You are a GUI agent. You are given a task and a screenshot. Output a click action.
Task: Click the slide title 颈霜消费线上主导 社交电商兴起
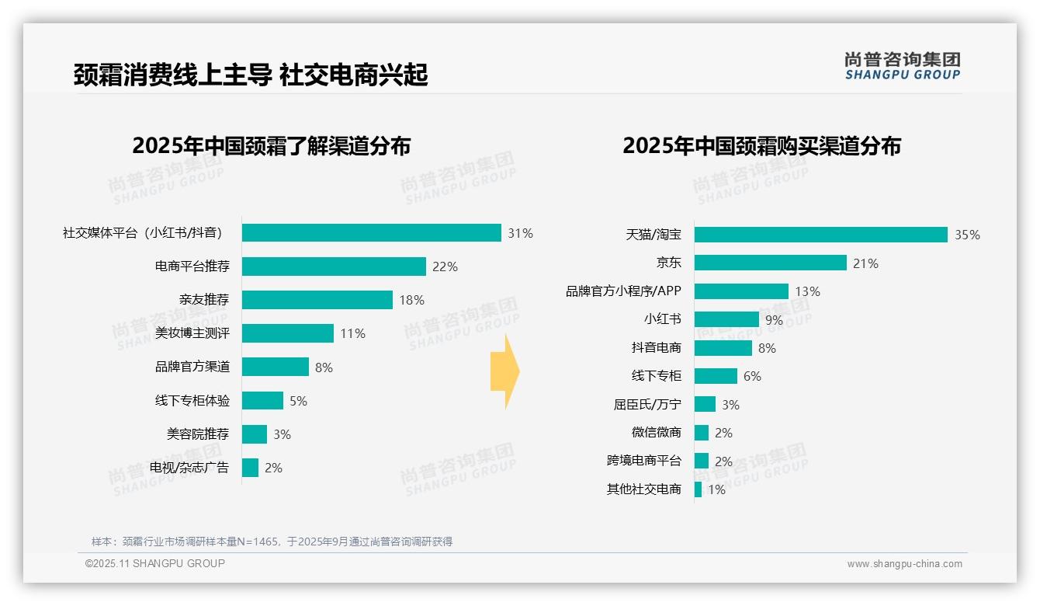point(250,75)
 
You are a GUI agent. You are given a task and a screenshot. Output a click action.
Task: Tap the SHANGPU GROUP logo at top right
point(902,66)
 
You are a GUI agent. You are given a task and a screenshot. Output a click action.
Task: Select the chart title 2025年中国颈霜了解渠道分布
point(271,146)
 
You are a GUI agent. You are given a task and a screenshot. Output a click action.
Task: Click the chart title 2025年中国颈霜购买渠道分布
point(761,146)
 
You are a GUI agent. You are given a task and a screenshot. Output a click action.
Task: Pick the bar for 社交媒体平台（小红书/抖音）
point(371,233)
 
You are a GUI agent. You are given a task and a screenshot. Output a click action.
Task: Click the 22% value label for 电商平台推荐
point(445,266)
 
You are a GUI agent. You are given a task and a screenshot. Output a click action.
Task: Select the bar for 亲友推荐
point(317,300)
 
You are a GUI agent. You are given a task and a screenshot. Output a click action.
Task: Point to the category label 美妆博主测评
point(192,333)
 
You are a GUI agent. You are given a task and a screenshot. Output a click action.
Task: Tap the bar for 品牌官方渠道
point(275,367)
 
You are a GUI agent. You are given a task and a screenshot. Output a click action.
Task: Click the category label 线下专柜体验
point(192,401)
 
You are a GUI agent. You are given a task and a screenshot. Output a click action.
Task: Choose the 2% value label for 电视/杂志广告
point(273,468)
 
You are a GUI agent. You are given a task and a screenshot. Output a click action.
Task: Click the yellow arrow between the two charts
point(504,372)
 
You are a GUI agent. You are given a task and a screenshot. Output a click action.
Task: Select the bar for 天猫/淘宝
point(820,235)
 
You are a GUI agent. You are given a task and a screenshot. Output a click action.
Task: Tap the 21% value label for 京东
point(865,263)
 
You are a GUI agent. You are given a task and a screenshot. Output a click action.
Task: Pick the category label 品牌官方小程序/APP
point(623,291)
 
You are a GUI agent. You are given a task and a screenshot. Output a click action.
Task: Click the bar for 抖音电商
point(723,348)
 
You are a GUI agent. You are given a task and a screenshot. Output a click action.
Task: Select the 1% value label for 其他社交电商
point(716,489)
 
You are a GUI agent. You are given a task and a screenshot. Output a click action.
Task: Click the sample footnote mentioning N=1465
point(272,542)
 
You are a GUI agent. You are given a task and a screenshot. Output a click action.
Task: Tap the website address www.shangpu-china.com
point(904,564)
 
